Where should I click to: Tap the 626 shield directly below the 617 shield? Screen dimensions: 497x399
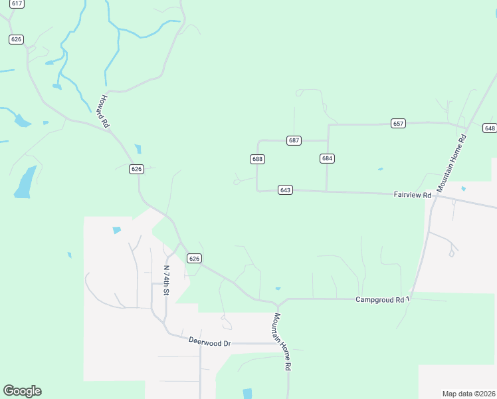17,39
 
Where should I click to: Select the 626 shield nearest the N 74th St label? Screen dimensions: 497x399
193,258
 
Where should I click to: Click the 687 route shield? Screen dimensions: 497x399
294,140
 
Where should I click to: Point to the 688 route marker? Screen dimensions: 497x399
258,159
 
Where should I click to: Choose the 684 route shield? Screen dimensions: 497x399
327,158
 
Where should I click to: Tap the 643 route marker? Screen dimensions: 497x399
286,190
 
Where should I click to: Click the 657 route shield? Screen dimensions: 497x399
398,124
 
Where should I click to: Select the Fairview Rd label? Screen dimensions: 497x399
413,195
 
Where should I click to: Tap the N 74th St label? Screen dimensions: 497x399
166,281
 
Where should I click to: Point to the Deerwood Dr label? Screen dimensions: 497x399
209,343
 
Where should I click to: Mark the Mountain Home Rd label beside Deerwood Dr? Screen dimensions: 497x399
282,342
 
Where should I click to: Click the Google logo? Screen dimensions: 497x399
22,391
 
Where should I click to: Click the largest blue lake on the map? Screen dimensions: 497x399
25,183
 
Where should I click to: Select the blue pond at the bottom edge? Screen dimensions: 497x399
248,394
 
